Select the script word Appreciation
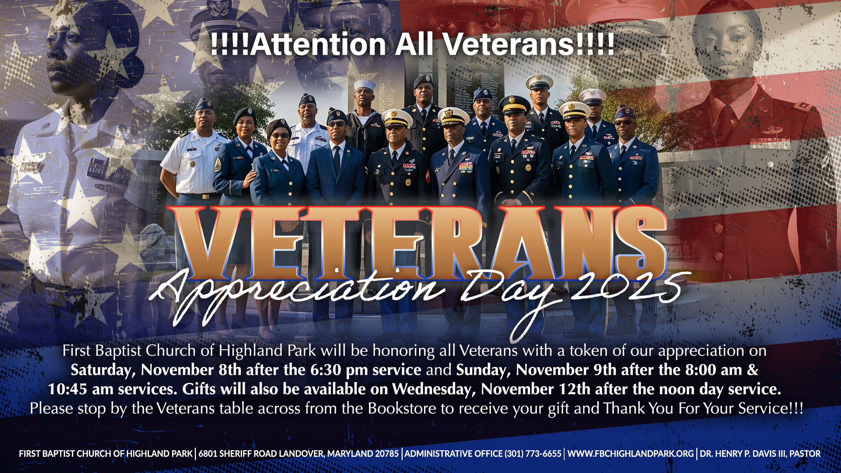[298, 298]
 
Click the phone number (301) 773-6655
[533, 454]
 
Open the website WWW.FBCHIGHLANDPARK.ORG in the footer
[631, 454]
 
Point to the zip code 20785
[387, 454]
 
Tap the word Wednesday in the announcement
[434, 390]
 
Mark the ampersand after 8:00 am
[752, 370]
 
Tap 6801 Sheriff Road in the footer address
[238, 454]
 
